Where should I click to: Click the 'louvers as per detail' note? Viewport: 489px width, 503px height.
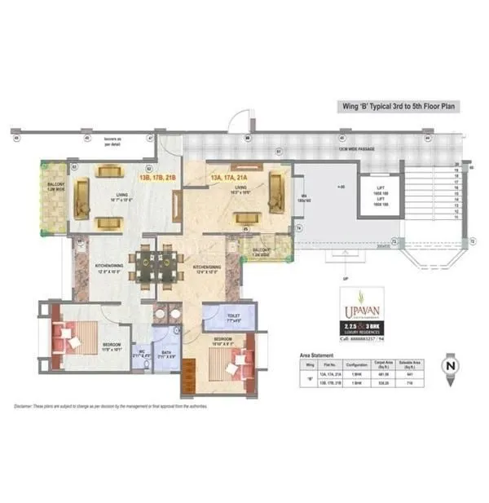click(112, 141)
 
